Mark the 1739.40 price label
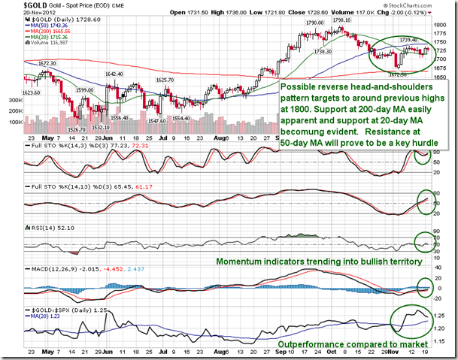(x=410, y=40)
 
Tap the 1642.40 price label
(x=114, y=74)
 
